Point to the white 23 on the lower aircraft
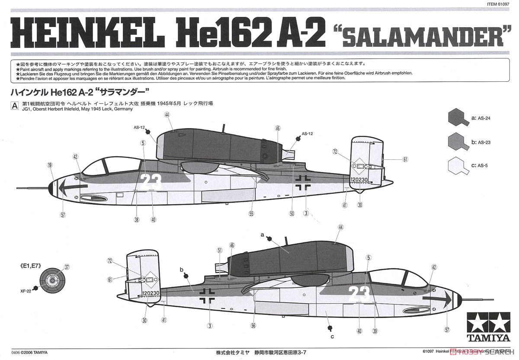click(x=359, y=294)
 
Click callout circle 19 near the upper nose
click(x=50, y=165)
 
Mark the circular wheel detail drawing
click(x=52, y=280)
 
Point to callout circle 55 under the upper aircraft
click(x=252, y=213)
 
